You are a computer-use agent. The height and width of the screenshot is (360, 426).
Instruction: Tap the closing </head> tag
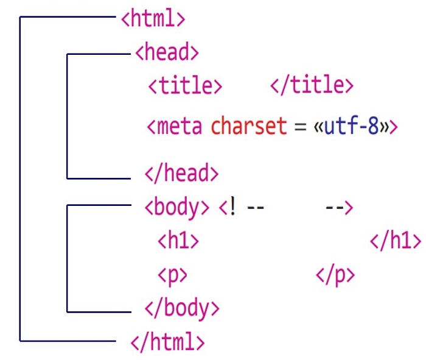click(181, 174)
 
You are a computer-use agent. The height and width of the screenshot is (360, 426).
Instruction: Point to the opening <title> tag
click(185, 85)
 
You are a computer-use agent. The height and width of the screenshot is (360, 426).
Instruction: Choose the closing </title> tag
click(311, 85)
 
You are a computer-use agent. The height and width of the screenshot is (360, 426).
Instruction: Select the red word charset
click(248, 127)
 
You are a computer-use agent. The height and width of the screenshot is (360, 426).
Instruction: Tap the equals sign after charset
click(299, 127)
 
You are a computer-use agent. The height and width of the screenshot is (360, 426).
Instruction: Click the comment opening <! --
click(241, 208)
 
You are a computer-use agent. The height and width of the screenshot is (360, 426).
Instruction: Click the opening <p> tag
click(172, 275)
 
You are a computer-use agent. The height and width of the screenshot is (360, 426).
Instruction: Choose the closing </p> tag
click(335, 275)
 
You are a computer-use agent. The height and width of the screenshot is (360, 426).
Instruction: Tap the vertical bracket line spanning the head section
click(66, 116)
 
